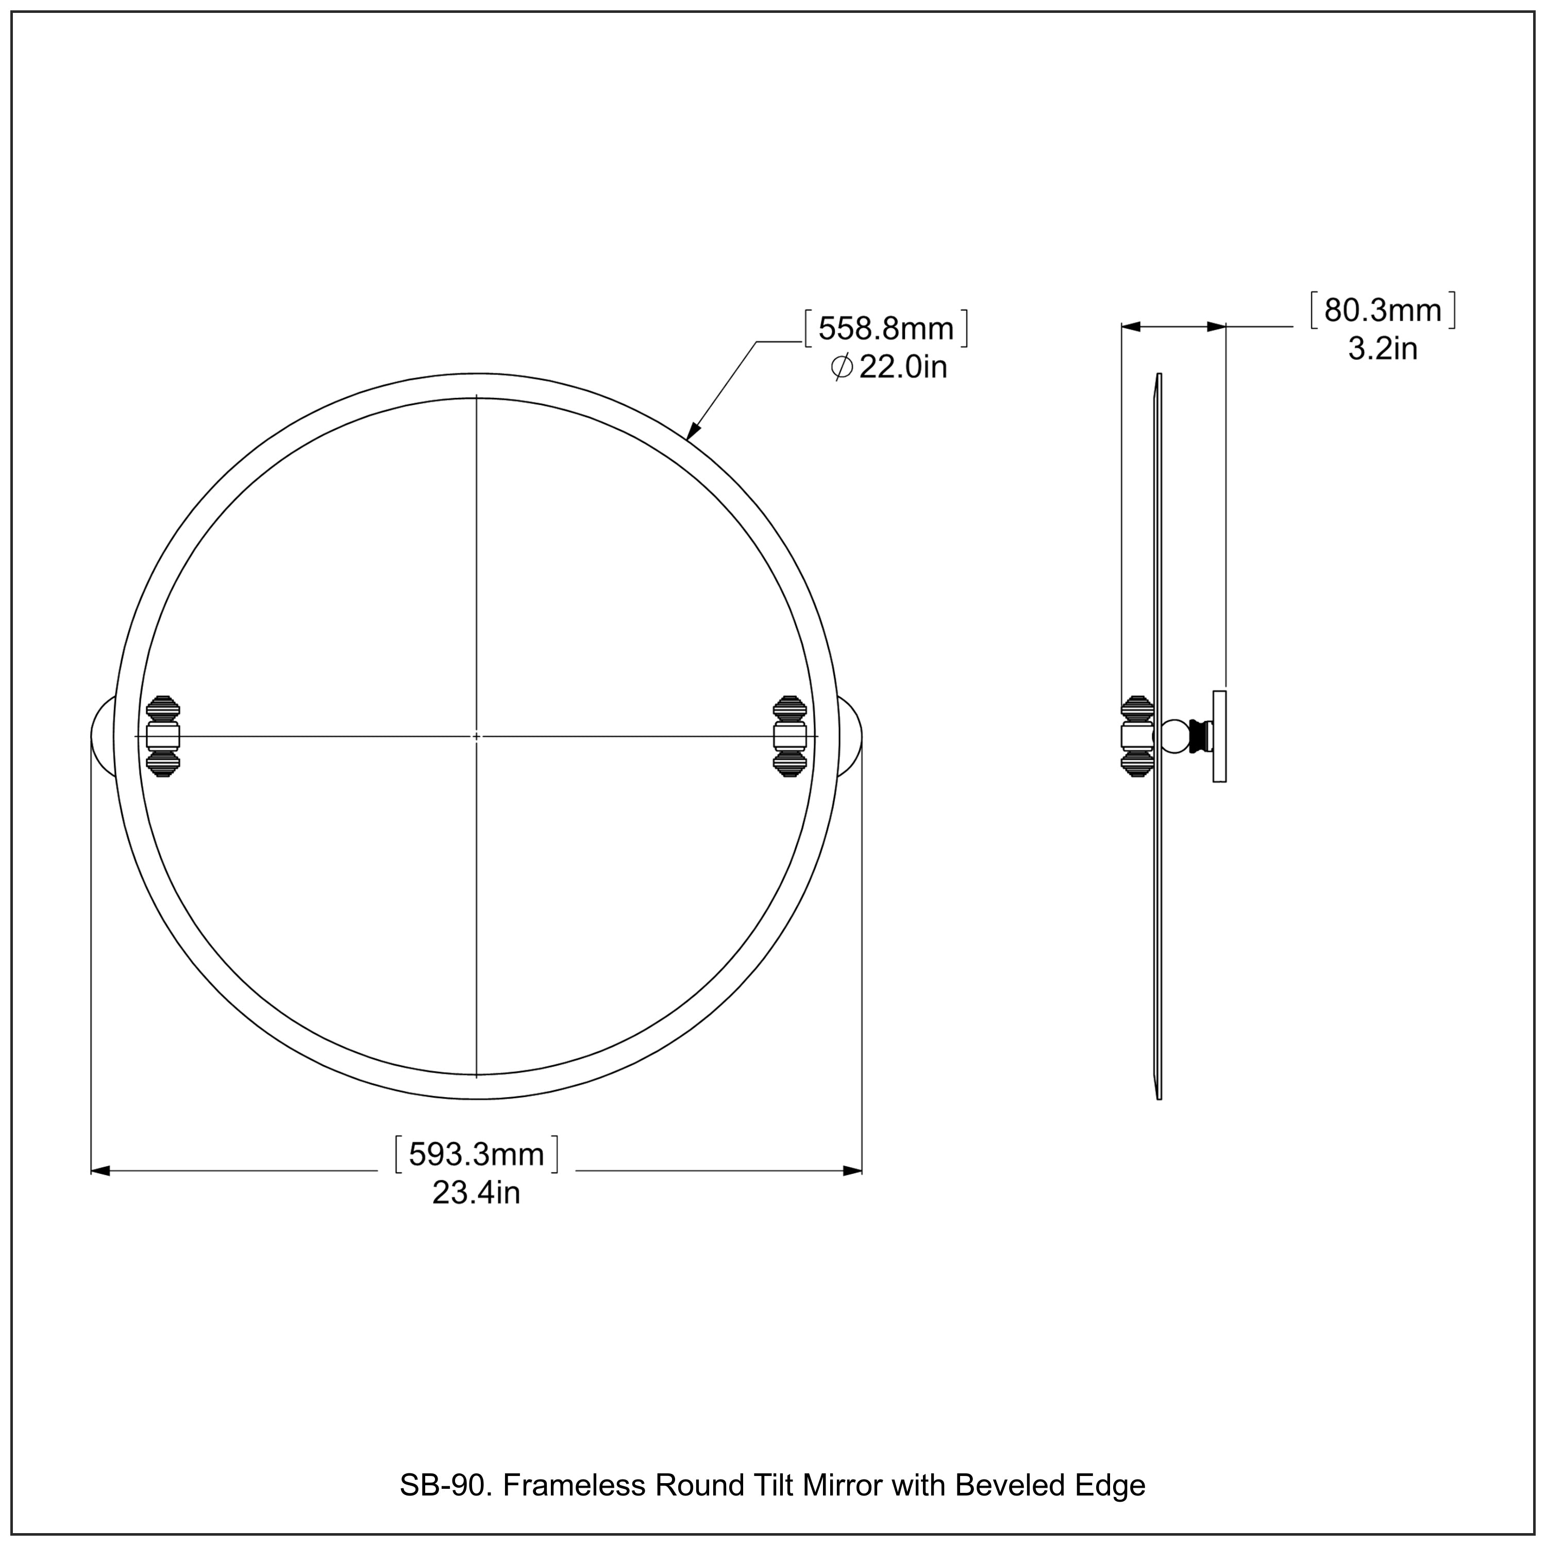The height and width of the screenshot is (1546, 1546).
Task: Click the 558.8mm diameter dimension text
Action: click(886, 328)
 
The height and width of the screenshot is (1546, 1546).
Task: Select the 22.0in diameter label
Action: click(902, 367)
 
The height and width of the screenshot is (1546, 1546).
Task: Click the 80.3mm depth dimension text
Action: click(1382, 310)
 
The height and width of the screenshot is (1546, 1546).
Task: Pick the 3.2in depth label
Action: click(1382, 349)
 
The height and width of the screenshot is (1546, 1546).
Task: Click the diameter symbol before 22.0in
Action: click(841, 368)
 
